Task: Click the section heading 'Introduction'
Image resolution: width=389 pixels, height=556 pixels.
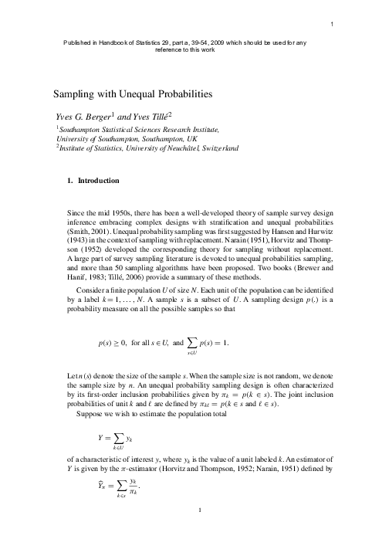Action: point(99,181)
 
